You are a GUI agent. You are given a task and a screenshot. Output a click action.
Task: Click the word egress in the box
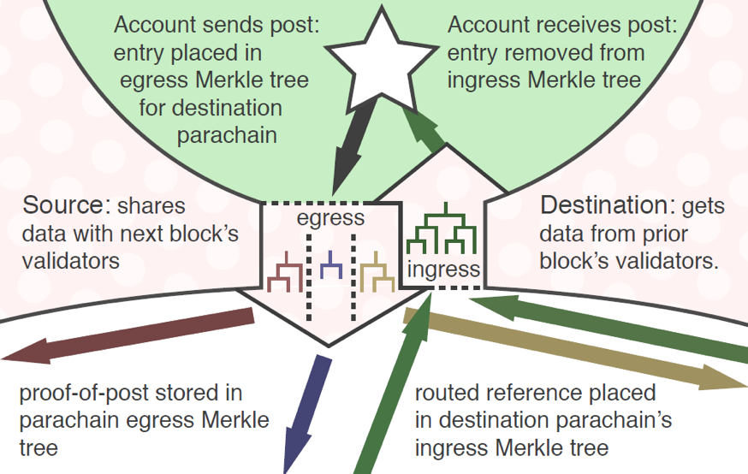[330, 219]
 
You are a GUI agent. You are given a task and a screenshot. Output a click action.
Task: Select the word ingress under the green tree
[443, 270]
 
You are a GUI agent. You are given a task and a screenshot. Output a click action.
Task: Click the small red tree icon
[285, 272]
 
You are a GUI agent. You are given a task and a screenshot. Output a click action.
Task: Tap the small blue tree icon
[331, 265]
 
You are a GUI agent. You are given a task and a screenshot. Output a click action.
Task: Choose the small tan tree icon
[377, 272]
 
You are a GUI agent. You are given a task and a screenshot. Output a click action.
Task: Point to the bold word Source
[63, 205]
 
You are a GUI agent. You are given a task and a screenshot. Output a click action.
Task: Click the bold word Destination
[604, 205]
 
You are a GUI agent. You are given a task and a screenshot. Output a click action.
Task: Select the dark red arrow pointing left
[128, 335]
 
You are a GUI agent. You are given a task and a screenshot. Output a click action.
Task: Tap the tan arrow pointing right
[575, 350]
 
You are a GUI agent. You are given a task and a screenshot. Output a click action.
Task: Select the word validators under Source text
[71, 261]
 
